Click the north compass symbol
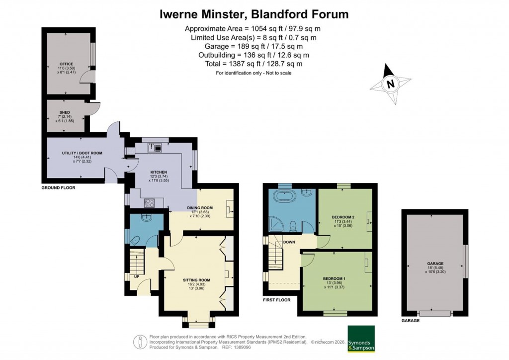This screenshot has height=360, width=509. (x=391, y=84)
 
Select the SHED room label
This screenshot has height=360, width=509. (x=65, y=112)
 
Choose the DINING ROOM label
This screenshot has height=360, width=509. (x=200, y=208)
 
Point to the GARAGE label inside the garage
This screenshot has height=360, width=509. (x=435, y=264)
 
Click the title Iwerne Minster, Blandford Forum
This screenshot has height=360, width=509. (x=254, y=14)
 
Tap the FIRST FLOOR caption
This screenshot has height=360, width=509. (x=277, y=301)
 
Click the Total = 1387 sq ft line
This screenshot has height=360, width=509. (x=254, y=64)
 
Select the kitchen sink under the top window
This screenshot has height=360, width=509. (x=151, y=147)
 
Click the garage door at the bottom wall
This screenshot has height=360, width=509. (x=435, y=313)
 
